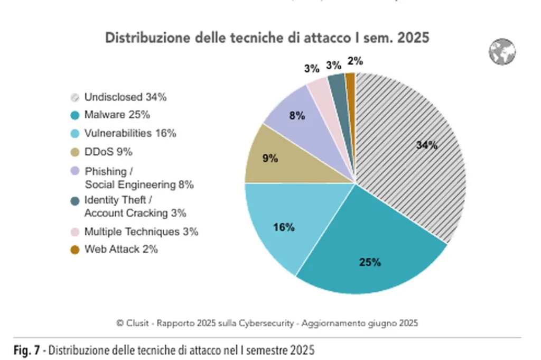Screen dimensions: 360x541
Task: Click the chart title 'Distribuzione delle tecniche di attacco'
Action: tap(267, 38)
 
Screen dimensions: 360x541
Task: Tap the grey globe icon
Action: tap(501, 52)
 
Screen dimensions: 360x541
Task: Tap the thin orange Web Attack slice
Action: tap(350, 82)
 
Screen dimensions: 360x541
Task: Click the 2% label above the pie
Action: tap(355, 61)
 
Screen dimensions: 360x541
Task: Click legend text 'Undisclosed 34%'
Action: tap(125, 97)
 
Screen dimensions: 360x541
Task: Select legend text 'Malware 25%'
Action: tap(117, 115)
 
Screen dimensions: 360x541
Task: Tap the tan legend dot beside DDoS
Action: tap(75, 152)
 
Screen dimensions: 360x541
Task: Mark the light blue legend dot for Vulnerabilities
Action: tap(75, 134)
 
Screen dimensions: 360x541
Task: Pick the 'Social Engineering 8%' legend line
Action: tap(139, 185)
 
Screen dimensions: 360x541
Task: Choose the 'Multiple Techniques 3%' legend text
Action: tap(141, 232)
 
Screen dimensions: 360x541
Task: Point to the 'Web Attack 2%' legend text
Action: tap(121, 249)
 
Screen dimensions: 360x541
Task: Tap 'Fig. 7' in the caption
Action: tap(26, 350)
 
